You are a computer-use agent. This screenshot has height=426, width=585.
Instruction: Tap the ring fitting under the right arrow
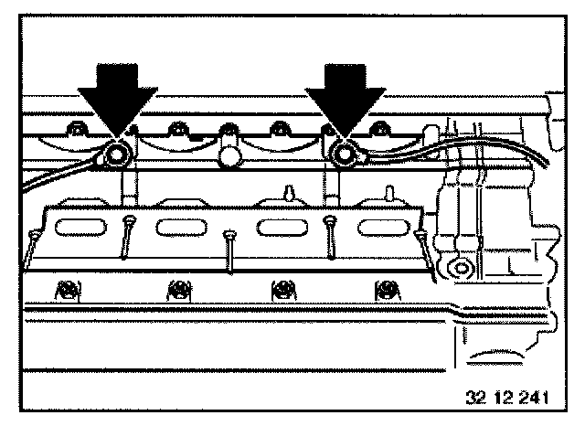(343, 156)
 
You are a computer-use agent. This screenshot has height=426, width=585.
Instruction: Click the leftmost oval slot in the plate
(80, 226)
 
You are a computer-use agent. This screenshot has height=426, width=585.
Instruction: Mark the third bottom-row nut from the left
(282, 291)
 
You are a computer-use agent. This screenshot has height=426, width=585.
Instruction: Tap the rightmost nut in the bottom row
(388, 291)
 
